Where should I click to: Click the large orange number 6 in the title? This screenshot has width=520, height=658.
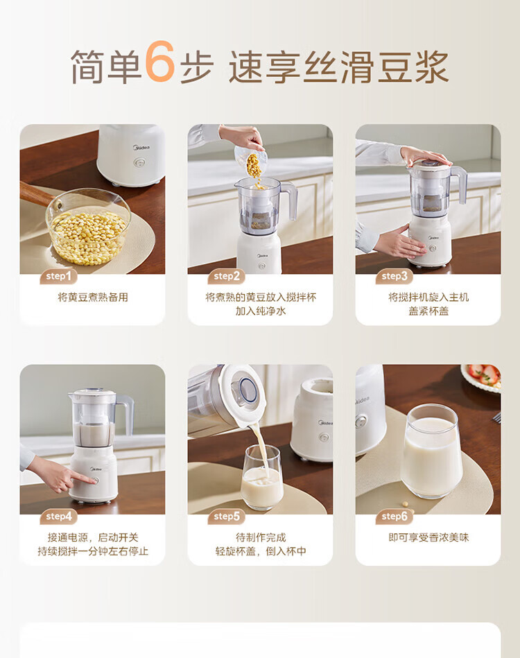click(x=160, y=62)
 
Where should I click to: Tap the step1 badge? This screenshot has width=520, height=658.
click(x=59, y=276)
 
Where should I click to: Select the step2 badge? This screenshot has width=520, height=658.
click(x=227, y=276)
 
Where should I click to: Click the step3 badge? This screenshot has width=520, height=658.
click(x=395, y=276)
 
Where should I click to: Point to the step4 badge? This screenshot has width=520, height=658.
click(x=59, y=516)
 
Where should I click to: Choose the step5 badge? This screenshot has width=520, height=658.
click(x=227, y=516)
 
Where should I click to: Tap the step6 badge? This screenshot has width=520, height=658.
click(x=395, y=516)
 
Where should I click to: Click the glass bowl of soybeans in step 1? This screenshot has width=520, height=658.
click(x=88, y=227)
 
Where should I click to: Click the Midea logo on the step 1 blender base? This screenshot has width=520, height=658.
click(x=141, y=147)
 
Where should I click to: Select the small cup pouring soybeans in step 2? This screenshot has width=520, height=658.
click(x=251, y=159)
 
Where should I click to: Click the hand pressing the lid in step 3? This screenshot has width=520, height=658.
click(x=424, y=155)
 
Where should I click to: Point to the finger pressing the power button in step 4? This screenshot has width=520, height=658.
click(x=83, y=478)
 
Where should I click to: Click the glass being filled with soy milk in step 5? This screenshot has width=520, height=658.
click(x=262, y=478)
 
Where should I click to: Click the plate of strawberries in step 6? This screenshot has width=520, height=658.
click(x=481, y=377)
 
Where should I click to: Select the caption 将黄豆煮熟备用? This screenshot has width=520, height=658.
click(x=93, y=297)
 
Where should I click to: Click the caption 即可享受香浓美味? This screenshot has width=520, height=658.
click(x=428, y=537)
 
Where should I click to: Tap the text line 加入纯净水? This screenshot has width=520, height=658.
click(x=260, y=311)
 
